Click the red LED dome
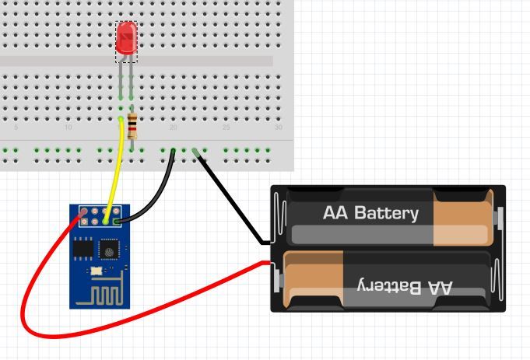pyautogui.click(x=126, y=37)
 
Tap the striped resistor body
pyautogui.click(x=133, y=124)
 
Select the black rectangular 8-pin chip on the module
pyautogui.click(x=82, y=248)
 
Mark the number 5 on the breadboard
pyautogui.click(x=16, y=127)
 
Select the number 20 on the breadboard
pyautogui.click(x=173, y=127)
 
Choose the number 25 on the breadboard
pyautogui.click(x=226, y=127)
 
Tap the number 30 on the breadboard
pyautogui.click(x=278, y=127)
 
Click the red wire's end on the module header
pyautogui.click(x=82, y=211)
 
